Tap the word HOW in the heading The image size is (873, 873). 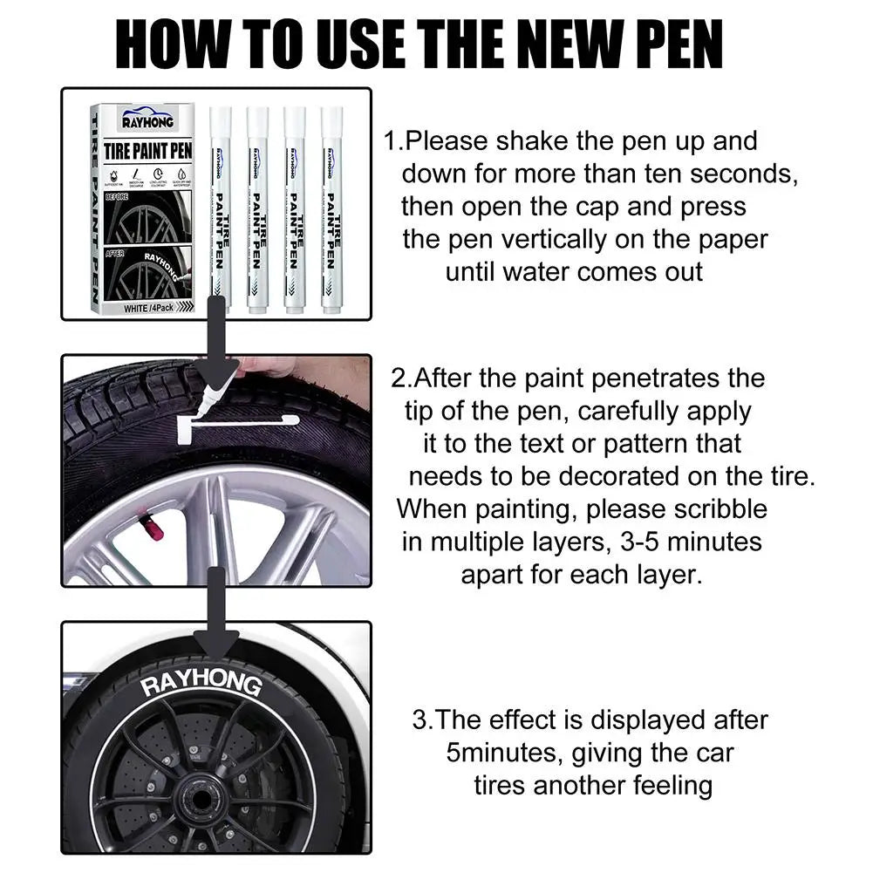(174, 43)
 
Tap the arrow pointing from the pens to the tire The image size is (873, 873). (215, 336)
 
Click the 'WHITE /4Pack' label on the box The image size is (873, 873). (148, 308)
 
